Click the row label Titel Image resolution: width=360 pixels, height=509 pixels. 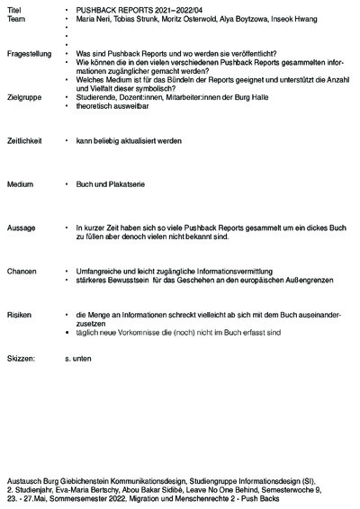(13, 8)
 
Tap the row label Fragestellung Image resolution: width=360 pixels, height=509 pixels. (28, 56)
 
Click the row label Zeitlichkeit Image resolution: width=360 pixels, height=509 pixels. (25, 141)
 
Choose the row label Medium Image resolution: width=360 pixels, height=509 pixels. (20, 184)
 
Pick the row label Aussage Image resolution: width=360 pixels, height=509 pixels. (21, 228)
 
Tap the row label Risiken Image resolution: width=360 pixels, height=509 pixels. (19, 315)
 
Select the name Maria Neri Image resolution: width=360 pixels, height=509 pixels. (94, 18)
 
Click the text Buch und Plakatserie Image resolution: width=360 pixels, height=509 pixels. (113, 184)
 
